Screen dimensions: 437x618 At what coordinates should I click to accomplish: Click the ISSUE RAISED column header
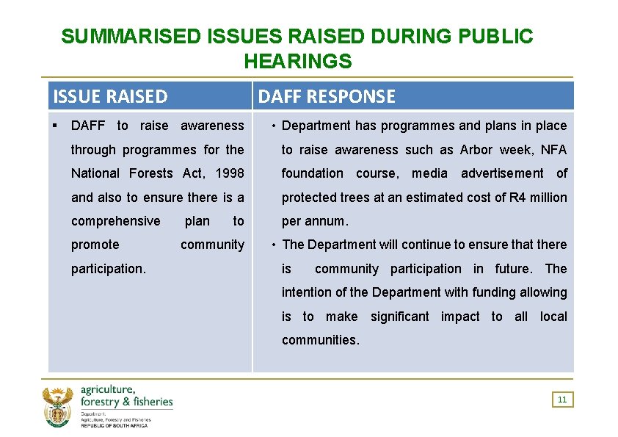coord(111,96)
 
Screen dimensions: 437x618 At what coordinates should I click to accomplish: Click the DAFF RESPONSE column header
coord(327,96)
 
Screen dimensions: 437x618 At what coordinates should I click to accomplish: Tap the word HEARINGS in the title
coord(298,62)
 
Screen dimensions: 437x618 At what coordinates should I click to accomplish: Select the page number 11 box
coord(562,400)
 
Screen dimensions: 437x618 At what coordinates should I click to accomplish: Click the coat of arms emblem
coord(57,407)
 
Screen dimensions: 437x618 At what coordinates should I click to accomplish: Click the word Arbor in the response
coord(476,150)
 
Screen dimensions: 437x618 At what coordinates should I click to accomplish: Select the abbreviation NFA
coord(553,150)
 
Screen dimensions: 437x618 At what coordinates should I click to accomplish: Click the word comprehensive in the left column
coord(115,221)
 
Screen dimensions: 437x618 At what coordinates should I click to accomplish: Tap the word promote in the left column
coord(95,245)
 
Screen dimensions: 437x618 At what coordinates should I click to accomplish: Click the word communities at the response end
coord(319,341)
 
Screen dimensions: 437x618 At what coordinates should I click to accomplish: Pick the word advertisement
coord(502,173)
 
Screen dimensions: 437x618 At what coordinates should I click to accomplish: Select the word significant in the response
coord(399,317)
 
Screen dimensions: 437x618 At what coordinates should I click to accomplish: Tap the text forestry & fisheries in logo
coord(126,401)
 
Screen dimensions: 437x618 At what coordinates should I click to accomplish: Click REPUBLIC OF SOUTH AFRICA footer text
coord(114,426)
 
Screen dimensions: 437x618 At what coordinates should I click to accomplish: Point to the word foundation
coord(312,173)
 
